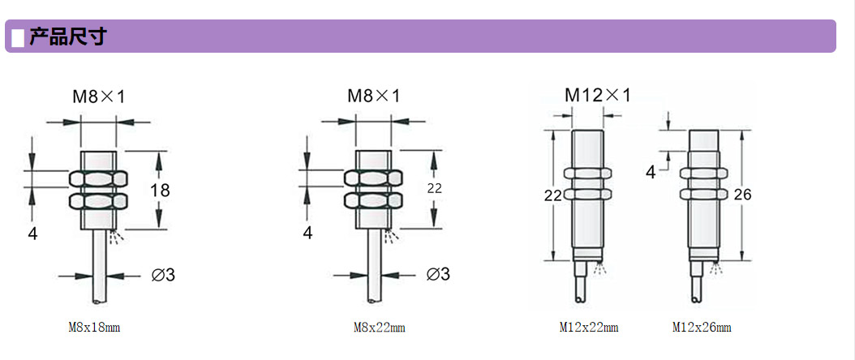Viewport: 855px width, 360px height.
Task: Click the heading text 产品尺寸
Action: click(x=67, y=36)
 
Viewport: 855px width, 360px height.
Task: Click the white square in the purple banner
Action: click(x=18, y=37)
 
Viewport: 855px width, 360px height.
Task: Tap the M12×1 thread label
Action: click(x=597, y=96)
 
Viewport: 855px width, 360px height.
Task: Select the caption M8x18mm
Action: click(x=94, y=328)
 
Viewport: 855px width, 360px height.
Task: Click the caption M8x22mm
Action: click(x=380, y=328)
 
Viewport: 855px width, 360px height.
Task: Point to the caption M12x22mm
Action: click(x=589, y=328)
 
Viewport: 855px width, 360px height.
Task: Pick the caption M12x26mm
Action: click(x=702, y=328)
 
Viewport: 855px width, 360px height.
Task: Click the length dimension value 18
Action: click(x=160, y=190)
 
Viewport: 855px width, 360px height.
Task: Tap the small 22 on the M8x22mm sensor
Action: click(x=435, y=188)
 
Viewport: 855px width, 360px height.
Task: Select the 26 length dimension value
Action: click(x=742, y=194)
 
